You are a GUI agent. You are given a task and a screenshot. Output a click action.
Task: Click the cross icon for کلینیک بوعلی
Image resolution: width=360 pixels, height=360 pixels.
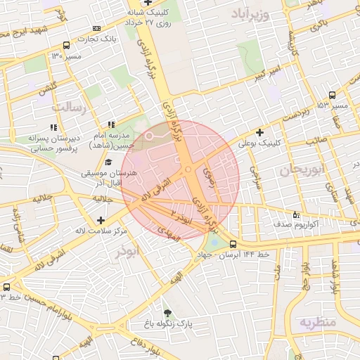coord(260,131)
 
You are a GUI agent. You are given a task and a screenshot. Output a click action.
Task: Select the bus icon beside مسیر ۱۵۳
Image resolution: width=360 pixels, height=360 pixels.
coord(332,95)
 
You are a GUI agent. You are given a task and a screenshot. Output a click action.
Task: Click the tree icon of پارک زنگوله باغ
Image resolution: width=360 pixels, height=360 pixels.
coord(167,313)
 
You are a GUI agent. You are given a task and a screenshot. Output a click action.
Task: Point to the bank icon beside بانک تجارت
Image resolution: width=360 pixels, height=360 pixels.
coord(96,29)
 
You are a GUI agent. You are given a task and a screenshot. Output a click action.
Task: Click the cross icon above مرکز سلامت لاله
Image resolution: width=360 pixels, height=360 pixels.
coord(101,221)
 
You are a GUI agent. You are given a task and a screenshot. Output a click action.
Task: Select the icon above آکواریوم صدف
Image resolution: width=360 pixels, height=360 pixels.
coord(295,214)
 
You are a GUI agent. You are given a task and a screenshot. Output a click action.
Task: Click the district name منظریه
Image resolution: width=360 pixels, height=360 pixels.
coord(319,323)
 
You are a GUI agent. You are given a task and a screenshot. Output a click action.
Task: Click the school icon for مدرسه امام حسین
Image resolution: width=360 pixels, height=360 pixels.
coord(110,124)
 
